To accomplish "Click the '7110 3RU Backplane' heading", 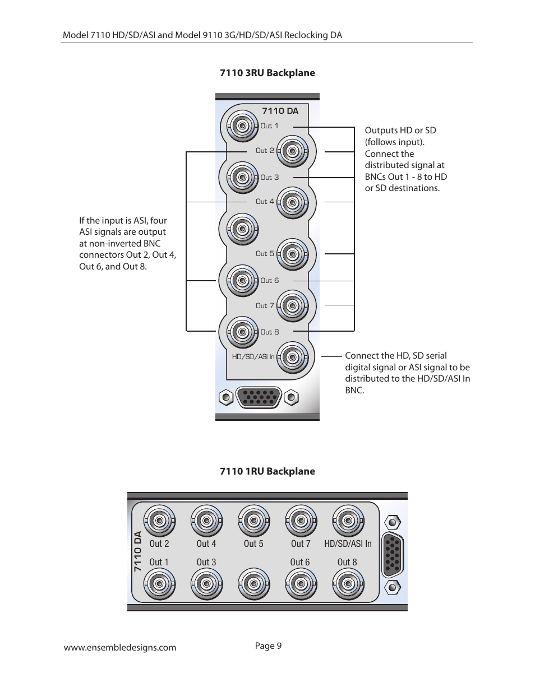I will pos(267,73).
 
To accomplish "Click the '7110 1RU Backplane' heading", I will pos(267,471).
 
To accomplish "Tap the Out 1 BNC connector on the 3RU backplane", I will pos(242,126).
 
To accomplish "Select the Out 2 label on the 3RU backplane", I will pos(265,151).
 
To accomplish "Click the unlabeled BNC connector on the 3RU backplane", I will pos(242,229).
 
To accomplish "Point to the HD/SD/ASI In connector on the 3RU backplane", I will pos(292,357).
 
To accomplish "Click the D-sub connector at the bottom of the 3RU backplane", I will pos(259,398).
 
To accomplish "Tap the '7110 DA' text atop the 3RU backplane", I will pos(280,111).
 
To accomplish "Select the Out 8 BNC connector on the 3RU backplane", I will pos(242,332).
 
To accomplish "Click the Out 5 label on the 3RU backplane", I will pos(265,254).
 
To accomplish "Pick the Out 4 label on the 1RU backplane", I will pos(206,544).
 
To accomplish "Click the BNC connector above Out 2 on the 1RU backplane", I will pos(159,521).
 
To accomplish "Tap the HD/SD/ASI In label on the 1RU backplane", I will pos(348,544).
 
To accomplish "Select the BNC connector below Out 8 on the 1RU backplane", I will pos(348,584).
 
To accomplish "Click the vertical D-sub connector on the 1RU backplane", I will pos(393,555).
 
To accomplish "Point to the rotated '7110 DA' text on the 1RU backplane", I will pos(138,552).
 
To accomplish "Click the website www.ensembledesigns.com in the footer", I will pos(120,648).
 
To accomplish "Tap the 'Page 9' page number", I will pos(268,646).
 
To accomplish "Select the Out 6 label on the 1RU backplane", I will pos(300,562).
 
